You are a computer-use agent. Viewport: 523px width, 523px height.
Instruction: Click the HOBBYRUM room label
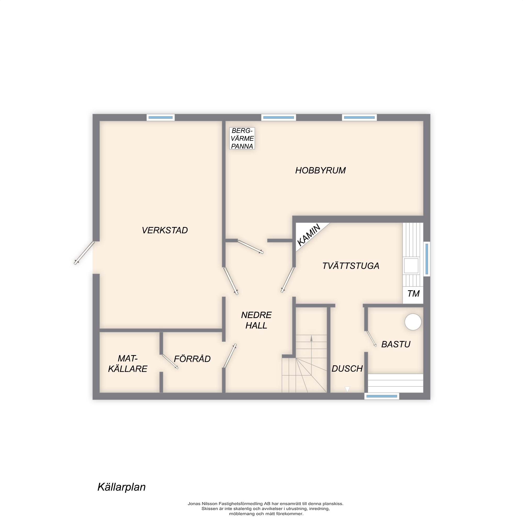(320, 170)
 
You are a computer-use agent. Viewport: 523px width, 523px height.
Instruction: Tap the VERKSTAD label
(164, 230)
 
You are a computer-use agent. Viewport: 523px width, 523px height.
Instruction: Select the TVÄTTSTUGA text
(351, 266)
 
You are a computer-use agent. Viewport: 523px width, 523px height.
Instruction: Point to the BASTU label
(396, 344)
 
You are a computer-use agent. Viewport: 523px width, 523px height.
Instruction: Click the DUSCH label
(347, 368)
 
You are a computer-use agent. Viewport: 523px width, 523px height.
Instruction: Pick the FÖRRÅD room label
(192, 359)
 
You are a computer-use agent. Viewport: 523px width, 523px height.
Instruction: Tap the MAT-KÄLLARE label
(128, 363)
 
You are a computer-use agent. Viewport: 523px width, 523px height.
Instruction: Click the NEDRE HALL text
(256, 320)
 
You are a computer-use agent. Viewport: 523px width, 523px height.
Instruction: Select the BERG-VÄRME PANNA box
(242, 138)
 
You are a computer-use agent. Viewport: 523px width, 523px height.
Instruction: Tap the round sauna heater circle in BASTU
(413, 322)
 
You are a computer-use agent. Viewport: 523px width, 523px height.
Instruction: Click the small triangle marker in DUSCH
(347, 389)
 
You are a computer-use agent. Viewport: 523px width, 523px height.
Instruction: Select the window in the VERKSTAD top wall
(161, 117)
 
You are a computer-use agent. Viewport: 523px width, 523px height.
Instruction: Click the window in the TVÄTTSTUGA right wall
(427, 259)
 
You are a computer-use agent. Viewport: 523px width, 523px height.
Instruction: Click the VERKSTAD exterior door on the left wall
(84, 253)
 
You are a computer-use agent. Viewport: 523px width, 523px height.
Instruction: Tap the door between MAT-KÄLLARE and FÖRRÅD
(170, 362)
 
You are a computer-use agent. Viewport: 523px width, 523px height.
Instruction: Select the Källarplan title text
(122, 487)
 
